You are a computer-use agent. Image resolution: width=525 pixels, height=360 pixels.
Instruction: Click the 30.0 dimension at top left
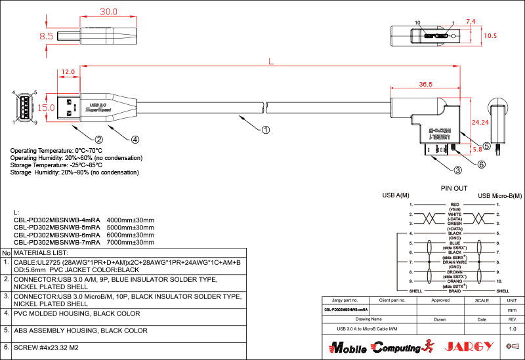[108, 12]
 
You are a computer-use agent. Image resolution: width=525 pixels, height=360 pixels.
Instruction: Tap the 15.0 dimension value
[46, 107]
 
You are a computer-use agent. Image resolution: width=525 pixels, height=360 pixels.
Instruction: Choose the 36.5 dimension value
[425, 85]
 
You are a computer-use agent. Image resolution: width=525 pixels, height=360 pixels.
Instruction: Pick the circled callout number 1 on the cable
[266, 129]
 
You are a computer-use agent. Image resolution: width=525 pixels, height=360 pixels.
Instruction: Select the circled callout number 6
[481, 165]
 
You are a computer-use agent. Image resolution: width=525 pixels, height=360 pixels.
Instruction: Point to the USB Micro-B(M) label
[501, 196]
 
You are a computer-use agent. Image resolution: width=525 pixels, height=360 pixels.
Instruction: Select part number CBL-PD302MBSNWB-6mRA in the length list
[56, 235]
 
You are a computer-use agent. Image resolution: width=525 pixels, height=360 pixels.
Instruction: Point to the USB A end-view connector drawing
[24, 107]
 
